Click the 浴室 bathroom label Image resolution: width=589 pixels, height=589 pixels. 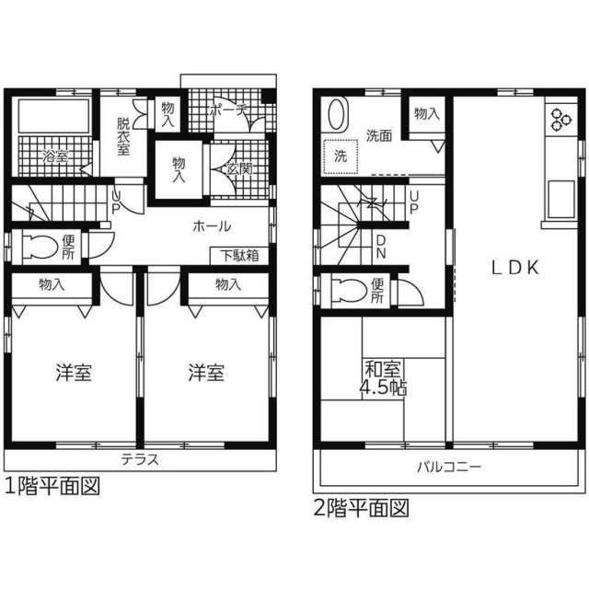pyautogui.click(x=55, y=157)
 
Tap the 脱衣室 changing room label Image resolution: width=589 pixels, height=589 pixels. pyautogui.click(x=124, y=137)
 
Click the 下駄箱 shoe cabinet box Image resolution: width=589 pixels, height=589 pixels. pyautogui.click(x=239, y=255)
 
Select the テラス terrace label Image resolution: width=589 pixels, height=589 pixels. pyautogui.click(x=140, y=459)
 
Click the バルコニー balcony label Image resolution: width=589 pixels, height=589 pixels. pyautogui.click(x=448, y=467)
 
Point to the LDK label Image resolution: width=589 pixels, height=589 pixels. pyautogui.click(x=514, y=268)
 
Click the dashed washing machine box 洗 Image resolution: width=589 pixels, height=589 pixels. pyautogui.click(x=341, y=156)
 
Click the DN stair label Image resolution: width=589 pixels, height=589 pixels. pyautogui.click(x=381, y=246)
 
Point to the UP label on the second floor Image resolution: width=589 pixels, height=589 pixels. pyautogui.click(x=414, y=202)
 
